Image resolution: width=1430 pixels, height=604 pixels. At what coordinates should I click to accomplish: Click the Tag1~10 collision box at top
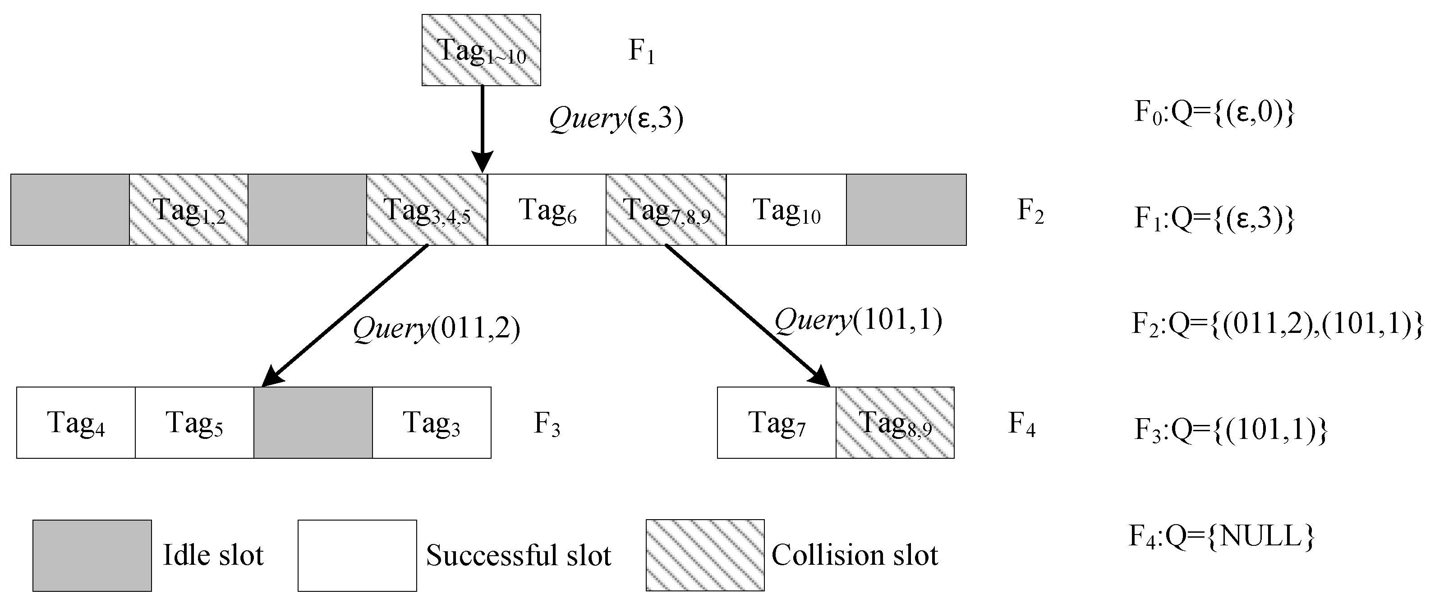click(481, 50)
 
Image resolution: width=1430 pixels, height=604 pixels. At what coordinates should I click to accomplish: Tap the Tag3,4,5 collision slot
click(426, 210)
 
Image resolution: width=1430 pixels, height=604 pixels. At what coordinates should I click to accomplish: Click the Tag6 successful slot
click(547, 210)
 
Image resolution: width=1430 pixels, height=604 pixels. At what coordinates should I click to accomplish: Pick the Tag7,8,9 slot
click(666, 210)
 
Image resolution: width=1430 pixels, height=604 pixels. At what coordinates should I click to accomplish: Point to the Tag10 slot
click(786, 210)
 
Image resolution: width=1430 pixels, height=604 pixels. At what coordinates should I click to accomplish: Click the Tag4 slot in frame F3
click(76, 423)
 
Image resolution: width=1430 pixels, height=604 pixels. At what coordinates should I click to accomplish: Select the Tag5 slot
click(194, 423)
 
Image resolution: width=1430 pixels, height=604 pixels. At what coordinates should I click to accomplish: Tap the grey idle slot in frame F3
click(313, 423)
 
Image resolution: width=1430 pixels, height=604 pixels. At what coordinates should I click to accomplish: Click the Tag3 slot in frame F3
click(431, 423)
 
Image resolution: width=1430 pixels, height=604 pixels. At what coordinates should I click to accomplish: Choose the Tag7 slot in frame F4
click(776, 423)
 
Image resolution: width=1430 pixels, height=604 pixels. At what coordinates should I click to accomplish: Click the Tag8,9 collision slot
click(895, 423)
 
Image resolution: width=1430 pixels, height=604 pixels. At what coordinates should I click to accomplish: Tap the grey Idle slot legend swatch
click(92, 555)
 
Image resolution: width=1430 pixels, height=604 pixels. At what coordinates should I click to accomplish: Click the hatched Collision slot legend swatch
click(705, 555)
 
